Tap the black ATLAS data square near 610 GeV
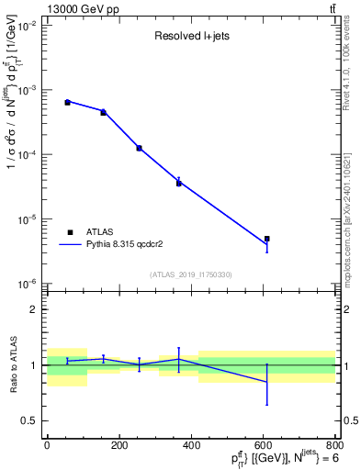click(266, 239)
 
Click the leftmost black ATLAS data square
click(67, 102)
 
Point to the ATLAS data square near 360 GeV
click(178, 183)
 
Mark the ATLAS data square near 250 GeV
click(139, 148)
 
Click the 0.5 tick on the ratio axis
click(28, 421)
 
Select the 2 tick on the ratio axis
click(33, 309)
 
